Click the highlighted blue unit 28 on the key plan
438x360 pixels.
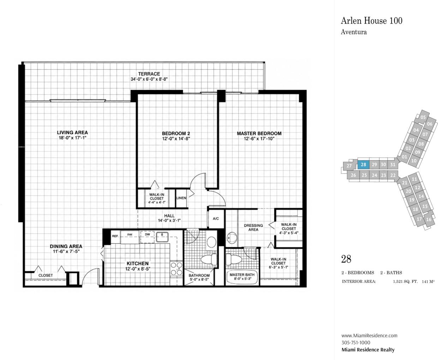click(363, 165)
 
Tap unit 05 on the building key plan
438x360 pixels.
click(423, 117)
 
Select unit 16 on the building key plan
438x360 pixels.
click(429, 220)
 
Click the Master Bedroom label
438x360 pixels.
click(259, 133)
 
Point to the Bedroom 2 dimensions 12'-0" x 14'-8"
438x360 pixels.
click(176, 139)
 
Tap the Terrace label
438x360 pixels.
click(149, 74)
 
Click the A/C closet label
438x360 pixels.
click(216, 218)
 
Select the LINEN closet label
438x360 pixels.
click(181, 198)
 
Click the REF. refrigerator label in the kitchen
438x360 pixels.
click(115, 236)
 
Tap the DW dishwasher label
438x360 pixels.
click(148, 234)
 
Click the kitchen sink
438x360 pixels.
click(162, 237)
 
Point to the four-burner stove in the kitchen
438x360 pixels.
click(176, 269)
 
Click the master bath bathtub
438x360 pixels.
click(242, 277)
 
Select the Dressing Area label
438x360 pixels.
click(253, 227)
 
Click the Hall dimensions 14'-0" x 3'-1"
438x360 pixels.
click(169, 221)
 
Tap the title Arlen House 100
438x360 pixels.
click(372, 20)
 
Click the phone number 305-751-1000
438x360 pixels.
click(356, 343)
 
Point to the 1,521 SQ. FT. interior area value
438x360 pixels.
click(405, 282)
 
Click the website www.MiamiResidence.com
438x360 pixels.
click(369, 336)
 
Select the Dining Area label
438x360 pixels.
click(66, 246)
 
